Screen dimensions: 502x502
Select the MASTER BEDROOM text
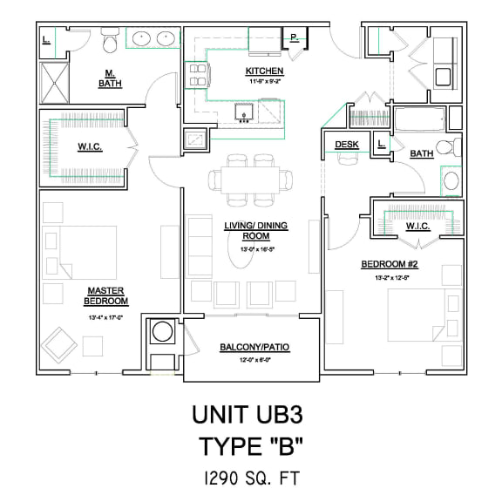pyautogui.click(x=106, y=295)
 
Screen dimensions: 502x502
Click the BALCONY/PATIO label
pyautogui.click(x=254, y=348)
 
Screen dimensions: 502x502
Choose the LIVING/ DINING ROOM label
pyautogui.click(x=255, y=231)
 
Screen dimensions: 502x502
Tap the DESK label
pyautogui.click(x=347, y=145)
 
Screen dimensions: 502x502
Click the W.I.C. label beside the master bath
pyautogui.click(x=90, y=147)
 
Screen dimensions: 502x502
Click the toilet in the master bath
pyautogui.click(x=110, y=40)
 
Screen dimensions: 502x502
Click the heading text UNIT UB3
pyautogui.click(x=251, y=412)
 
